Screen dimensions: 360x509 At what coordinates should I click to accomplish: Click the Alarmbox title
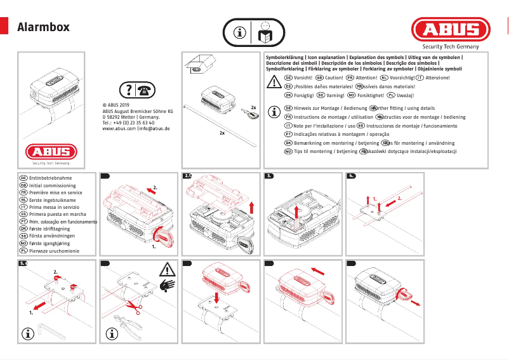point(43,27)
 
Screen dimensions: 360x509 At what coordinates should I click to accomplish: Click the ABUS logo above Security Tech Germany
point(451,30)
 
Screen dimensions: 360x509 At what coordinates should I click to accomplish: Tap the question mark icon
point(129,90)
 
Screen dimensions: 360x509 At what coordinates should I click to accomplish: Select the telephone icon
point(146,90)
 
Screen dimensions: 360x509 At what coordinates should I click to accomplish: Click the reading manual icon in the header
point(265,31)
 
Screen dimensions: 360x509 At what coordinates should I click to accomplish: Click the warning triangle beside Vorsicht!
point(274,81)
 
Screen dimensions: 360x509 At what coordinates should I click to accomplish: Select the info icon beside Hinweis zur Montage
point(274,112)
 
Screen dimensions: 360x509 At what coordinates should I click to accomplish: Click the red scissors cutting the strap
point(133,306)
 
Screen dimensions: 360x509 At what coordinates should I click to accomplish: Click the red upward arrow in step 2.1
point(252,206)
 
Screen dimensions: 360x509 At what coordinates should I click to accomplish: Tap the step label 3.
point(269,175)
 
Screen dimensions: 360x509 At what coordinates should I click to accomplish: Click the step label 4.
point(351,175)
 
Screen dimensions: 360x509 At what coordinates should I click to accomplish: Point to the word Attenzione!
point(437,77)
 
